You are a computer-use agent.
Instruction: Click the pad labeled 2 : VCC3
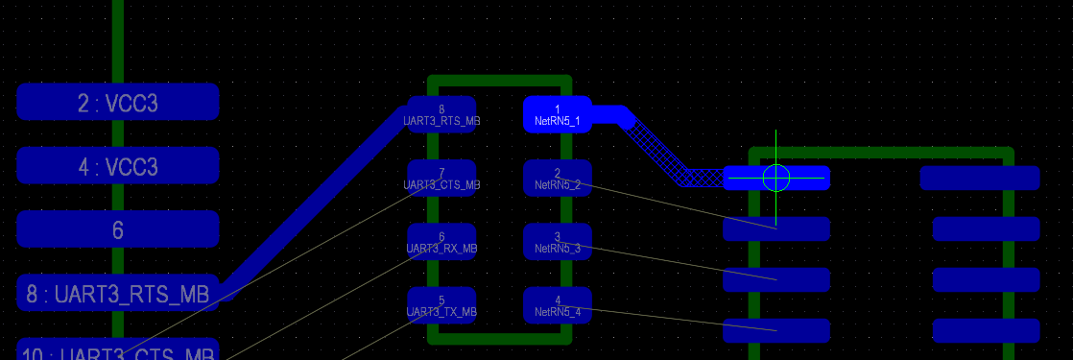tap(117, 103)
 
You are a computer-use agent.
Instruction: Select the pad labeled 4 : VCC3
tap(117, 166)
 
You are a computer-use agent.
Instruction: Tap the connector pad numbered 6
tap(117, 229)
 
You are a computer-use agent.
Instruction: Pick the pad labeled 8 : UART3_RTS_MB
tap(117, 294)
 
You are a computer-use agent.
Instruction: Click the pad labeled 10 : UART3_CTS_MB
tap(117, 351)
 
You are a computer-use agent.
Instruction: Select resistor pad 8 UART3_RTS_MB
tap(441, 114)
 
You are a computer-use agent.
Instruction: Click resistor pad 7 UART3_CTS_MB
tap(441, 178)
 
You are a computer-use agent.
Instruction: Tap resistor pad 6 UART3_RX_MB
tap(441, 242)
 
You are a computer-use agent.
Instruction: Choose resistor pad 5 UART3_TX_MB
tap(441, 305)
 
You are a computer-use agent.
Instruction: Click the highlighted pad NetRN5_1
tap(557, 114)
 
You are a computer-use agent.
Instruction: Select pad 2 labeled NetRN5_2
tap(557, 178)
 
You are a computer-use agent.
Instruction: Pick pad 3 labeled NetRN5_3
tap(557, 242)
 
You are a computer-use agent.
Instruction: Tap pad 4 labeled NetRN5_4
tap(557, 305)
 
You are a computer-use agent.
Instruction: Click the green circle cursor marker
tap(775, 178)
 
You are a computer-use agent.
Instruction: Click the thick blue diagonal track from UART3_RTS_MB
tap(317, 202)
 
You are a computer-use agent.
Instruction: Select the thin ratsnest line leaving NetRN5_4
tap(672, 320)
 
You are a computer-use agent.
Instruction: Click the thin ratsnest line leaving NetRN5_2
tap(672, 204)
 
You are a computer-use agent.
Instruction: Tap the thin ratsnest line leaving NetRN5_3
tap(672, 262)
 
